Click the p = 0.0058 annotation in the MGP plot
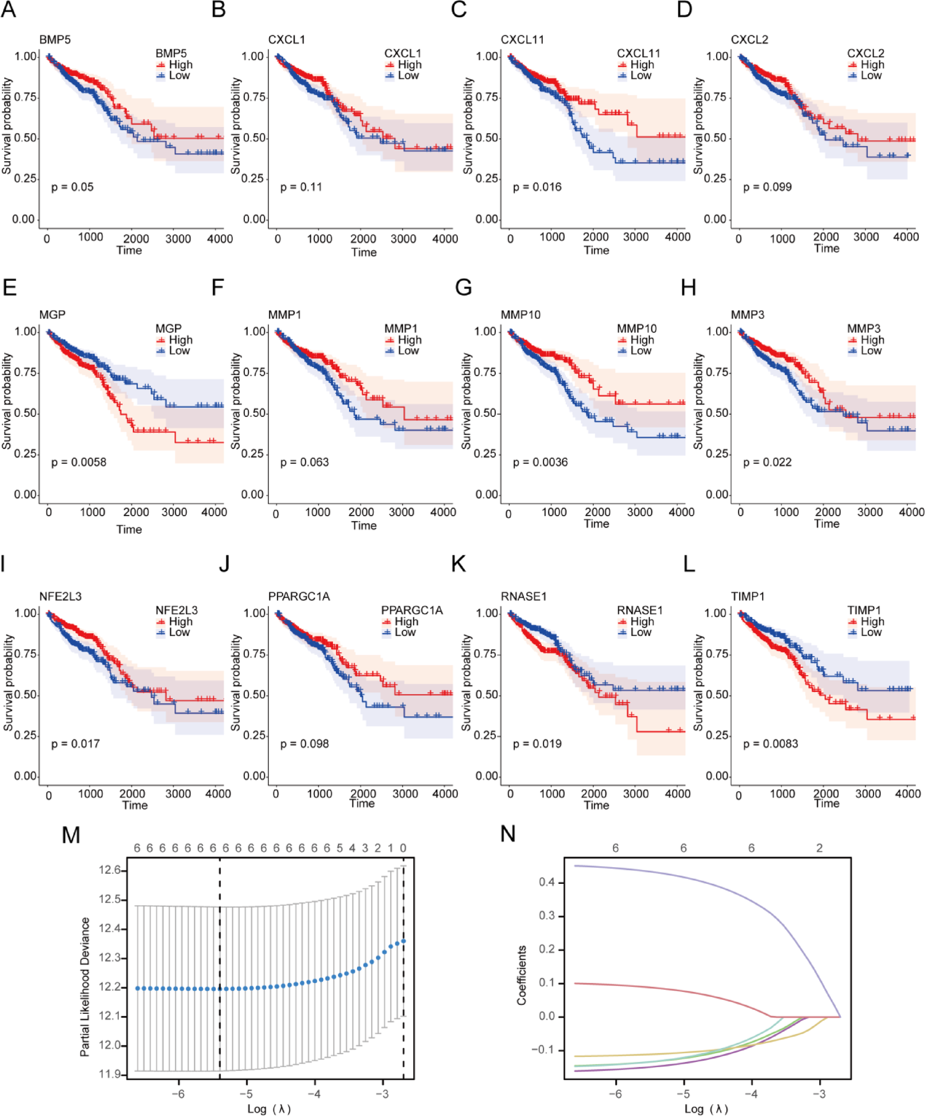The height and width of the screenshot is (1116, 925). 79,462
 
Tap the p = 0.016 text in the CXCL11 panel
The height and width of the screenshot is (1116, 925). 537,187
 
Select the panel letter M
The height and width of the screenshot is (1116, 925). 71,835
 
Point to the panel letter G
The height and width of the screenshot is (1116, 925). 464,288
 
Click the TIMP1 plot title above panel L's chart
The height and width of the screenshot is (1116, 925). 748,597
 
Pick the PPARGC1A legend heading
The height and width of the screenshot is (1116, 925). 412,610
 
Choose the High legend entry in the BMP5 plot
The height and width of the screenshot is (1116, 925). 180,65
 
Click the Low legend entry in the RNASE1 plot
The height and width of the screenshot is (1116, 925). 641,632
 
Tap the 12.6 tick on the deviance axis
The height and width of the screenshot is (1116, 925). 110,870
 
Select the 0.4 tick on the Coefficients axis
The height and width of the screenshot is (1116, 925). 547,882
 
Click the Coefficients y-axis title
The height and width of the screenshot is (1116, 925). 521,975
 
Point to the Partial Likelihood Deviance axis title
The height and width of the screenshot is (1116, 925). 85,987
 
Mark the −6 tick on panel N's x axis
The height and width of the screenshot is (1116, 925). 616,1094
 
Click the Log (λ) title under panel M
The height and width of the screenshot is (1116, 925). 269,1109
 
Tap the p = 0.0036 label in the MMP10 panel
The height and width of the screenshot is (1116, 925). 540,462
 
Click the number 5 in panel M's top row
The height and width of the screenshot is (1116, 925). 339,848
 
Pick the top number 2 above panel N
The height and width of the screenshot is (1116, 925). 819,848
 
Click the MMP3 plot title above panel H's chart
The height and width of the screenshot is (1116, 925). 747,315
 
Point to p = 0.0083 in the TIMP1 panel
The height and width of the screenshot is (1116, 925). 770,744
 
